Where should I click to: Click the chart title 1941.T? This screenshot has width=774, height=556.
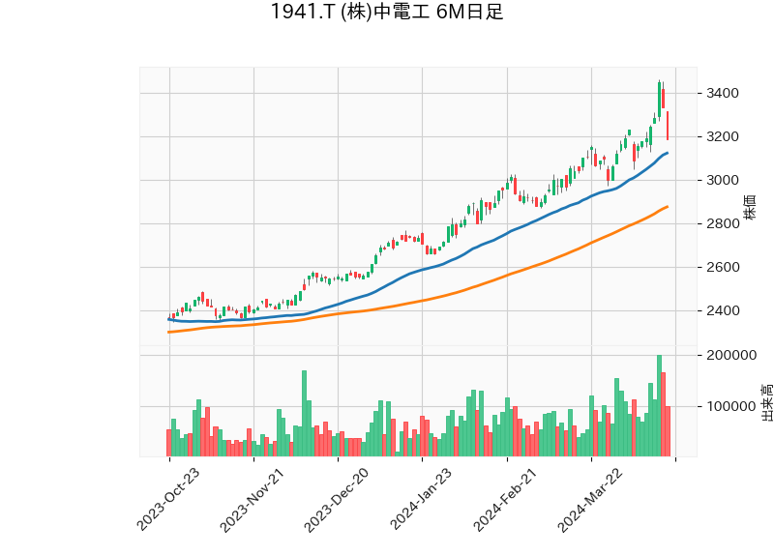click(x=386, y=13)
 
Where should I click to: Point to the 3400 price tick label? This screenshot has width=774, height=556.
click(x=724, y=94)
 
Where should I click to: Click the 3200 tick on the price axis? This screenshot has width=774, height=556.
click(x=724, y=136)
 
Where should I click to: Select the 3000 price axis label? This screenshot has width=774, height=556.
click(x=724, y=180)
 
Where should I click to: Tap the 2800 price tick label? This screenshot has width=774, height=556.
click(x=724, y=223)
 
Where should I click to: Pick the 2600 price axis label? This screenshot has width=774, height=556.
click(x=724, y=267)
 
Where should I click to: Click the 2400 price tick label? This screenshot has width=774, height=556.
click(x=724, y=310)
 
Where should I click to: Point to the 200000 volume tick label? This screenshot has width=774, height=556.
click(x=730, y=355)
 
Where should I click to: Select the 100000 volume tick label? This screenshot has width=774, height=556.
click(x=730, y=406)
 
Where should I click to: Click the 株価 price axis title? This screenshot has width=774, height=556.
click(x=751, y=206)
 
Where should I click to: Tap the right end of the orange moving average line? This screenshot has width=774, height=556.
click(x=668, y=206)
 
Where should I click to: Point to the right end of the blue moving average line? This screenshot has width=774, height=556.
click(x=668, y=153)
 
